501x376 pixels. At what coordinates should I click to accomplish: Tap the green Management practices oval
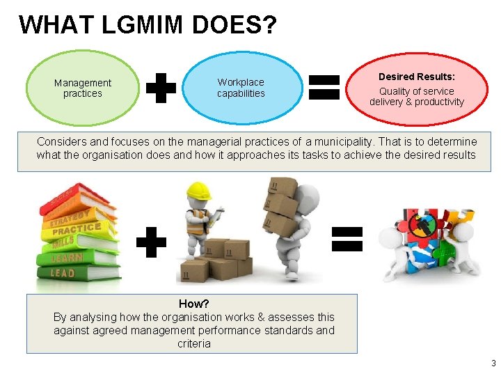(83, 88)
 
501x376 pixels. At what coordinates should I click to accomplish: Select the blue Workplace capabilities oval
(241, 88)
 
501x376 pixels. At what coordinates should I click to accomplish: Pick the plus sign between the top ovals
(161, 89)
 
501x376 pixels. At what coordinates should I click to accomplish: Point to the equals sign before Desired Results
(324, 89)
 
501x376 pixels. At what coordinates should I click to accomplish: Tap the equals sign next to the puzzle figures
(347, 238)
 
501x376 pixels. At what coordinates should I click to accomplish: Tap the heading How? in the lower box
(194, 304)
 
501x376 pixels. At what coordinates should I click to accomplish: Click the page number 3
(493, 363)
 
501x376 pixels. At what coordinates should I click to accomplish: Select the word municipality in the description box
(369, 141)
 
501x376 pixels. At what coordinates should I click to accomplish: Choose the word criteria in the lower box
(194, 343)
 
